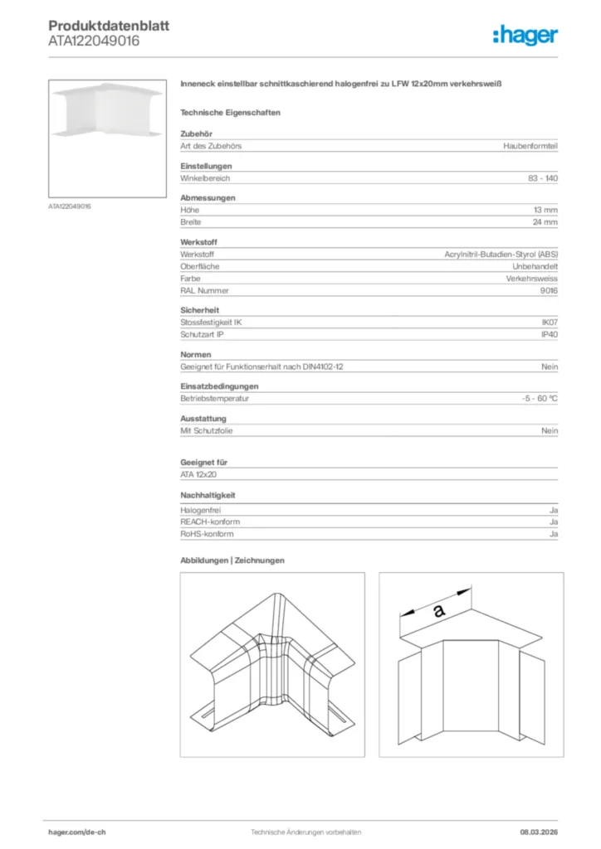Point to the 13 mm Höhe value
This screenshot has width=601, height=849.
pos(545,211)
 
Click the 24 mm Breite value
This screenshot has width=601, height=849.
pos(545,222)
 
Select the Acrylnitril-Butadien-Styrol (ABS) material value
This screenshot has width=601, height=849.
pos(501,254)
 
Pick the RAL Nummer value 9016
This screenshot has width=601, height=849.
pos(549,291)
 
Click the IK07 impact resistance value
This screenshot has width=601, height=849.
pos(550,322)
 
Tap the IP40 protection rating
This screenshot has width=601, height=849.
pos(550,334)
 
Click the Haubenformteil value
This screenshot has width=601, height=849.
pos(530,146)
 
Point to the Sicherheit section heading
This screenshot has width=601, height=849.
pos(199,309)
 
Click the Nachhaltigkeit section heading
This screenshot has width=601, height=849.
pos(208,496)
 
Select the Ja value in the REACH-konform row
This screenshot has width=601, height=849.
pos(553,522)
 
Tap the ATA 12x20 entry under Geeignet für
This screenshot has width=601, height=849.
pos(198,474)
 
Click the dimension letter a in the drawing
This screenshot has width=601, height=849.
pos(439,611)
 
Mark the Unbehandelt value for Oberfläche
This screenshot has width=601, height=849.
pos(535,266)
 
